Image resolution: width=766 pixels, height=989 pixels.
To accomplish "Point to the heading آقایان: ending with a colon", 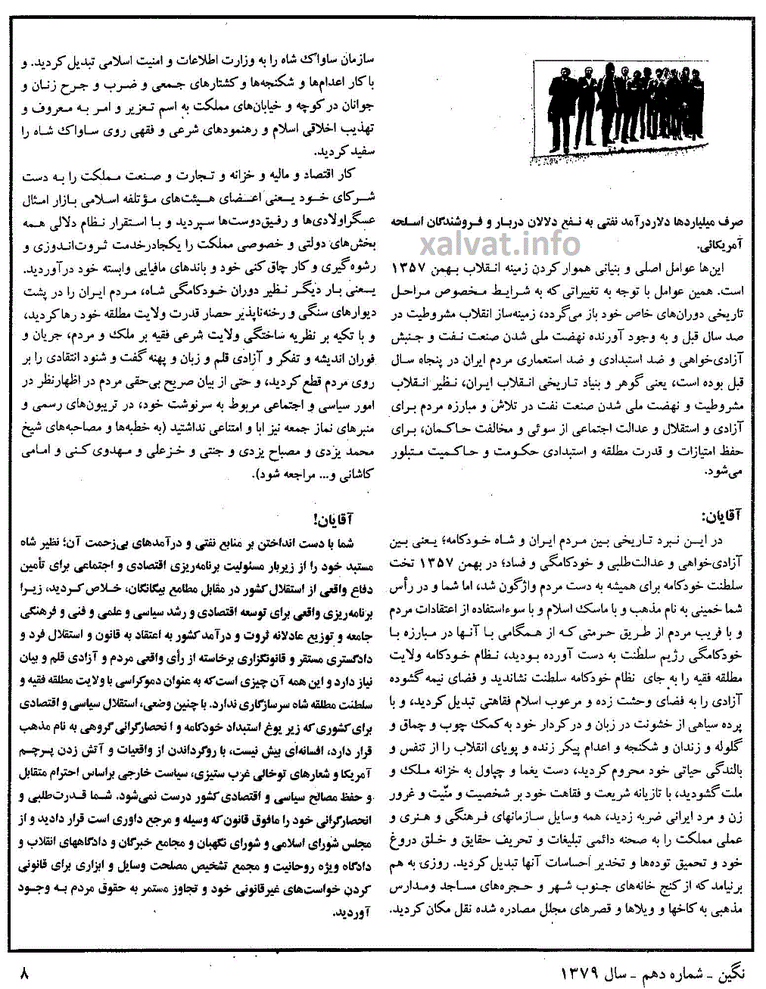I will coord(724,518).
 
